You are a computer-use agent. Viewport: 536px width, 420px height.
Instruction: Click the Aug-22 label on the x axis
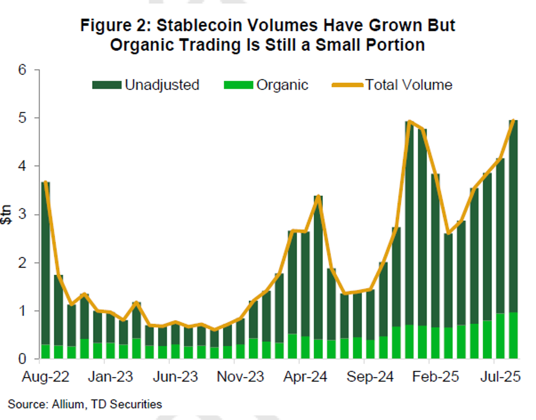point(45,377)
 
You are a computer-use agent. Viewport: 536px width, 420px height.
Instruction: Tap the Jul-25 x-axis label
point(500,377)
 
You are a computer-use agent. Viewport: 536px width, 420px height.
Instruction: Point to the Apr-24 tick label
point(305,377)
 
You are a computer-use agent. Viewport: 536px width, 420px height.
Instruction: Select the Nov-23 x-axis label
point(240,377)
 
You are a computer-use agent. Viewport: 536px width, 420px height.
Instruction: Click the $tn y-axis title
point(6,214)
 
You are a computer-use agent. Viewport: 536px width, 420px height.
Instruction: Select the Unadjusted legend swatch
point(107,85)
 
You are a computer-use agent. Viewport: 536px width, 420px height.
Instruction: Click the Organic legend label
point(282,85)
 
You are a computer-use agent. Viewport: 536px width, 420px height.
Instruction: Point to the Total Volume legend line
point(347,85)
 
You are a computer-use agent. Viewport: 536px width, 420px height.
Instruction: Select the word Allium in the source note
point(68,404)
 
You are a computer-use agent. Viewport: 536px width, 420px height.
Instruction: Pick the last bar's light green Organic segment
point(513,336)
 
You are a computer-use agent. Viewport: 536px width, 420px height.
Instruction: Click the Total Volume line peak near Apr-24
point(318,196)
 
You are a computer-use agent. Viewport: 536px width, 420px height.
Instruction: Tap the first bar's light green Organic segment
point(45,352)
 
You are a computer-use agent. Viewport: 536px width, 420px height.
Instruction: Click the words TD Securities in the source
point(126,404)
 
